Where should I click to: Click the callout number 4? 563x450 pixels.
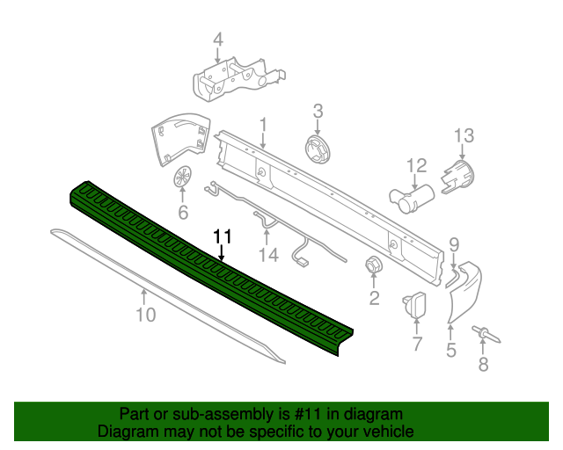click(218, 39)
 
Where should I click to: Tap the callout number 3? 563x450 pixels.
click(318, 111)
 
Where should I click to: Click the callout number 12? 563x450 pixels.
click(415, 164)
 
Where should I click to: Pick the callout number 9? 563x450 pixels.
click(453, 243)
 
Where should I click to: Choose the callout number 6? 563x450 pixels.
click(183, 212)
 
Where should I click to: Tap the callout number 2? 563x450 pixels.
click(374, 299)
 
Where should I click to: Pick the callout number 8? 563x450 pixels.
click(482, 365)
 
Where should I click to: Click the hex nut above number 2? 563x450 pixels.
click(374, 265)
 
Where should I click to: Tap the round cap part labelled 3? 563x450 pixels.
click(318, 149)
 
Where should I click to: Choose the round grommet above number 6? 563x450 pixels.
click(183, 175)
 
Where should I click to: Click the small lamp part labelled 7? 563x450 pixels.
click(413, 305)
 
